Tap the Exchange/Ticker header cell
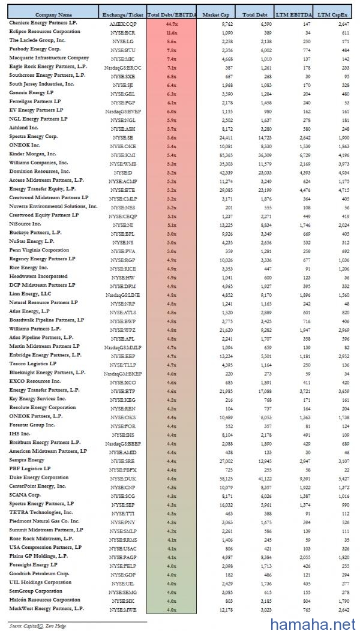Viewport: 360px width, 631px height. click(123, 14)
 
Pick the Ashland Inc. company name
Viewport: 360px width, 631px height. click(24, 127)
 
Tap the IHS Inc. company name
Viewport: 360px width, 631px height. click(20, 433)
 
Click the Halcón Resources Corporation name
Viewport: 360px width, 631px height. click(44, 600)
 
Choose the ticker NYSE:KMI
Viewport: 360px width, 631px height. click(123, 154)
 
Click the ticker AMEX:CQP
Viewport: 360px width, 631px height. click(123, 22)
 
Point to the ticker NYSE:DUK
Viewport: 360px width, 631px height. click(123, 478)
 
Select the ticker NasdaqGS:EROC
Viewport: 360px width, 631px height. click(123, 67)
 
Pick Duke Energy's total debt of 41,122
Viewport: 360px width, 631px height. click(262, 478)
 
